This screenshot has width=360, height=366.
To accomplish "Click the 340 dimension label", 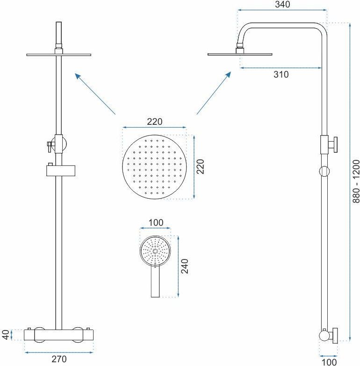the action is click(x=282, y=4).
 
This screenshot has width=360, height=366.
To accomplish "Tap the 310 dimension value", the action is click(x=281, y=74).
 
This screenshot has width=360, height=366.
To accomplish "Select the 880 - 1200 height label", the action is click(x=356, y=181).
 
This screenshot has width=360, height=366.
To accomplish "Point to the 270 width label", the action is click(x=59, y=359).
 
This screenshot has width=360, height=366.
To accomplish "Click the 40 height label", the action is click(x=6, y=335).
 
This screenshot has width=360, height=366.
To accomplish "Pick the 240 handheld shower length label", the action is click(x=184, y=266).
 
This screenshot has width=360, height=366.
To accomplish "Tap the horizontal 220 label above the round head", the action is click(x=155, y=122).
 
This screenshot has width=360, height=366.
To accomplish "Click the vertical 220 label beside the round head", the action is click(x=201, y=167).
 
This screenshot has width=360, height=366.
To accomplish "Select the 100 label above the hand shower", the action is click(x=156, y=222).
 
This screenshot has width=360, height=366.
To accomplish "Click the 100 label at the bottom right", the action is click(x=329, y=362).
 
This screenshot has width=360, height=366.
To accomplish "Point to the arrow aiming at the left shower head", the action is click(x=95, y=93).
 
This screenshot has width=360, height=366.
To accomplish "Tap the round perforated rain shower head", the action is click(x=155, y=167).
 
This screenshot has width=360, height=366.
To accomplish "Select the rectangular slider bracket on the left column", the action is click(x=61, y=171).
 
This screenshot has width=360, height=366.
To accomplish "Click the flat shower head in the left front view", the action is click(x=58, y=55).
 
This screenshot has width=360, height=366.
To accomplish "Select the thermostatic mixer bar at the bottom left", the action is click(x=59, y=335).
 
